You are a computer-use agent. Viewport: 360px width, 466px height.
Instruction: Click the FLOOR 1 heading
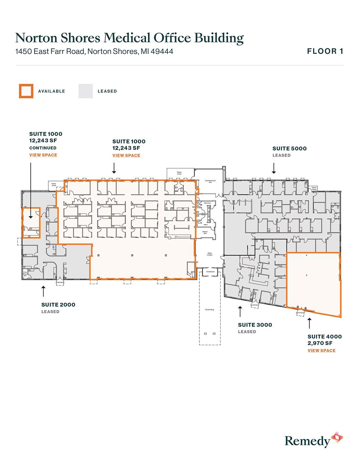point(325,51)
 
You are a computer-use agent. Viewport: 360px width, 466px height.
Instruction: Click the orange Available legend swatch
point(26,91)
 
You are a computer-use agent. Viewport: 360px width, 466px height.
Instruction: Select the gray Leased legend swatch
point(86,91)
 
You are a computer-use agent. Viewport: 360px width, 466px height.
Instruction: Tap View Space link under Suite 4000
point(321,350)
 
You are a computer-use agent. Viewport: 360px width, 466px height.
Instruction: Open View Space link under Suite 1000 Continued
point(43,155)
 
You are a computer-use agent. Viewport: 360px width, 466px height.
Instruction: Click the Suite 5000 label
point(289,149)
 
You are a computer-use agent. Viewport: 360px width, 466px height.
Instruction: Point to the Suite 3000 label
point(255,325)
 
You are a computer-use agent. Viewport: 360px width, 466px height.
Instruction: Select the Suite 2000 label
point(58,305)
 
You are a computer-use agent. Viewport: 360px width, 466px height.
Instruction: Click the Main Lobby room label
point(210,254)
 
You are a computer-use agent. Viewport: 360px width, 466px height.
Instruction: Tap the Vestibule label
point(210,272)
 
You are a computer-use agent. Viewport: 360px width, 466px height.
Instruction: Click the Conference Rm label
point(210,181)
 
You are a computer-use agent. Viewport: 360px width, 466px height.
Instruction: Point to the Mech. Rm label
point(205,232)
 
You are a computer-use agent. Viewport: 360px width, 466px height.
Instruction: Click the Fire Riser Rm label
point(25,274)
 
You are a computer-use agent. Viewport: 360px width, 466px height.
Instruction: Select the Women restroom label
point(207,203)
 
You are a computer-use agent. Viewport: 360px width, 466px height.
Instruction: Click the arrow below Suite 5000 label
point(274,168)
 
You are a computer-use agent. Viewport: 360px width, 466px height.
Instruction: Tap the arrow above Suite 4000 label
point(309,323)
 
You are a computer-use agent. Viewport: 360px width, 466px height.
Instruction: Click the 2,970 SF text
point(320,343)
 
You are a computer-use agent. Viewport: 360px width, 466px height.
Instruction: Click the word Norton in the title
point(36,38)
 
